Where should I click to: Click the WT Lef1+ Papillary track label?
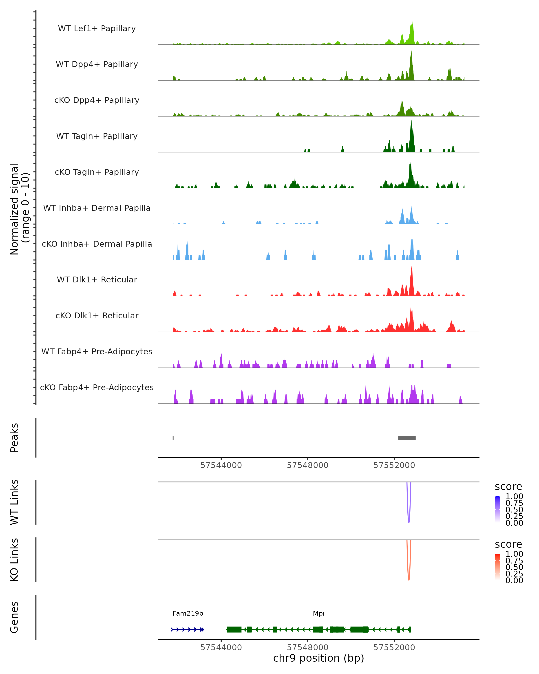97,29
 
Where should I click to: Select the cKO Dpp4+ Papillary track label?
97,100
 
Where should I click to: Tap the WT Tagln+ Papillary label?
97,136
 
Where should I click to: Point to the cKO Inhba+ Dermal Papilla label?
97,244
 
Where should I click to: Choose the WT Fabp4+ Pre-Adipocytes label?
97,351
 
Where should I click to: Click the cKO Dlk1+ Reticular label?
97,315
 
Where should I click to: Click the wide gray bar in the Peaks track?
406,438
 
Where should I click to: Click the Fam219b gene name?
188,613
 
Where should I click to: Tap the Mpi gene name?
318,613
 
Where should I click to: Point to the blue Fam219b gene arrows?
187,629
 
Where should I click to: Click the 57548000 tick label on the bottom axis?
307,647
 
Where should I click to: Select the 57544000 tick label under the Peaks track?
221,465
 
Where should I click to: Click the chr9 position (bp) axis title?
318,658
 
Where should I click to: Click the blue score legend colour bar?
497,509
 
